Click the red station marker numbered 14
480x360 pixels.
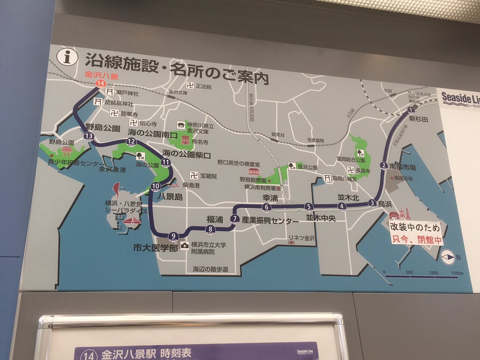[99, 83]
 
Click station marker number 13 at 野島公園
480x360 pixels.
[88, 136]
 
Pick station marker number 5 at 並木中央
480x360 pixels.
[308, 207]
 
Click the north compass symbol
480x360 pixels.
[448, 257]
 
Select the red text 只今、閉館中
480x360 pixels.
[417, 241]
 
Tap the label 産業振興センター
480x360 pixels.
[270, 220]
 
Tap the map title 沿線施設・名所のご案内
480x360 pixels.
[177, 69]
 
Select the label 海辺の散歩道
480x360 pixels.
[210, 269]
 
